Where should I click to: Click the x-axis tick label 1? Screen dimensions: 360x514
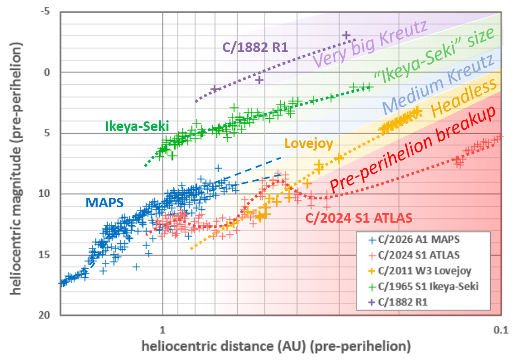click(x=162, y=328)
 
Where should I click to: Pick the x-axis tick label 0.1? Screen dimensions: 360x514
click(x=500, y=328)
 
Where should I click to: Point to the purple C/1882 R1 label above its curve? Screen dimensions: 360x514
click(x=255, y=47)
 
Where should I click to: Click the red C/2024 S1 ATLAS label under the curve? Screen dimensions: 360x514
click(x=360, y=217)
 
